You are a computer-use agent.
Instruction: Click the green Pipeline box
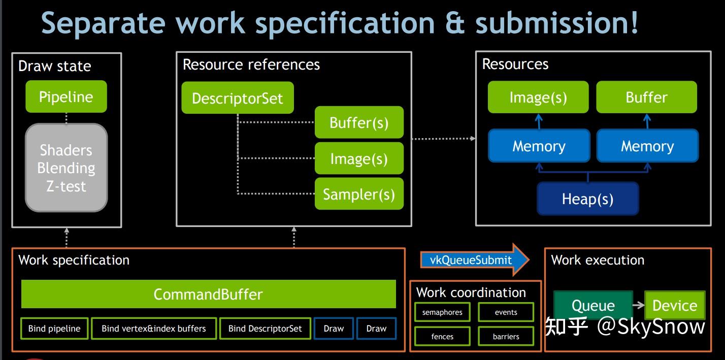(x=66, y=96)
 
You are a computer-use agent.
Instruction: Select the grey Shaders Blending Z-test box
(x=67, y=168)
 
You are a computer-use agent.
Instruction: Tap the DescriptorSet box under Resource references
(x=237, y=98)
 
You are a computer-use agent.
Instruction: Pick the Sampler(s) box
(x=359, y=194)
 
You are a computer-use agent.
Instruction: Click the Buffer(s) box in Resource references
(x=359, y=122)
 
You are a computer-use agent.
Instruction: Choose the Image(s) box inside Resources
(x=538, y=97)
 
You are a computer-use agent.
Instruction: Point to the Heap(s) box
(x=587, y=199)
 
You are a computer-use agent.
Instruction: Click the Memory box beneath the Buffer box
(x=647, y=146)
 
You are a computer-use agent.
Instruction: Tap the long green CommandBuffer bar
(x=208, y=294)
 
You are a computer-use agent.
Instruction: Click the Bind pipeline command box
(x=54, y=329)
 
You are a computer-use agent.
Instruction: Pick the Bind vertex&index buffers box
(x=154, y=329)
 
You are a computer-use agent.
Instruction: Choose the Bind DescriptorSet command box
(x=265, y=329)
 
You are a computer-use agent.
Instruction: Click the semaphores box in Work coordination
(x=442, y=312)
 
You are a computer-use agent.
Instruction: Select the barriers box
(x=506, y=336)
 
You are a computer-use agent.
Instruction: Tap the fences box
(x=442, y=336)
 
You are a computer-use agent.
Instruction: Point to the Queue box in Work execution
(x=593, y=305)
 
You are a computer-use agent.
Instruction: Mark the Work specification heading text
(x=74, y=260)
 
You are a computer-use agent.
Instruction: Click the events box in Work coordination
(x=506, y=312)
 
